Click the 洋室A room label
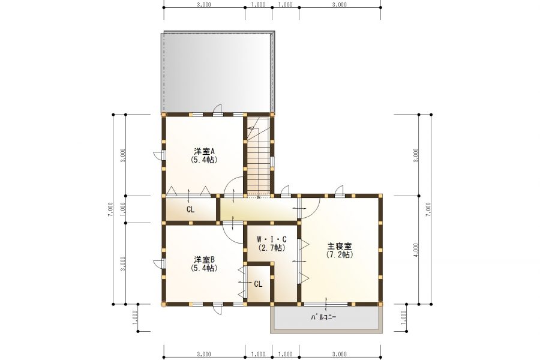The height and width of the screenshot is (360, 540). coord(205,151)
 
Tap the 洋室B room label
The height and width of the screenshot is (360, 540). coord(205,259)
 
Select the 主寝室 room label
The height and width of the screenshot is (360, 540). coord(340,247)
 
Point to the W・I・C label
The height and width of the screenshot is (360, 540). coord(272,239)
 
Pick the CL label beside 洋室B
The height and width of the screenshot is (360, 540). coord(258,284)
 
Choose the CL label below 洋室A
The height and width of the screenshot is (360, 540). coord(190,209)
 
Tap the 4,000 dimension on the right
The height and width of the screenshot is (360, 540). coord(416,250)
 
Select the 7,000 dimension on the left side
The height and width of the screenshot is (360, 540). coord(110,209)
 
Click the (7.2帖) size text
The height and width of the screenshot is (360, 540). coord(340,255)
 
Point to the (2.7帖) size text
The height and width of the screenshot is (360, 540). coord(272,247)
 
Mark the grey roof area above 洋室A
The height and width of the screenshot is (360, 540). coord(218,73)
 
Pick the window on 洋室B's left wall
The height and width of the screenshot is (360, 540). coord(164,263)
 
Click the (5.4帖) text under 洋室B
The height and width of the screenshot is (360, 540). coord(205,268)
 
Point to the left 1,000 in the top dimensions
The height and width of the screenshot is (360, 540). coord(258,5)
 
